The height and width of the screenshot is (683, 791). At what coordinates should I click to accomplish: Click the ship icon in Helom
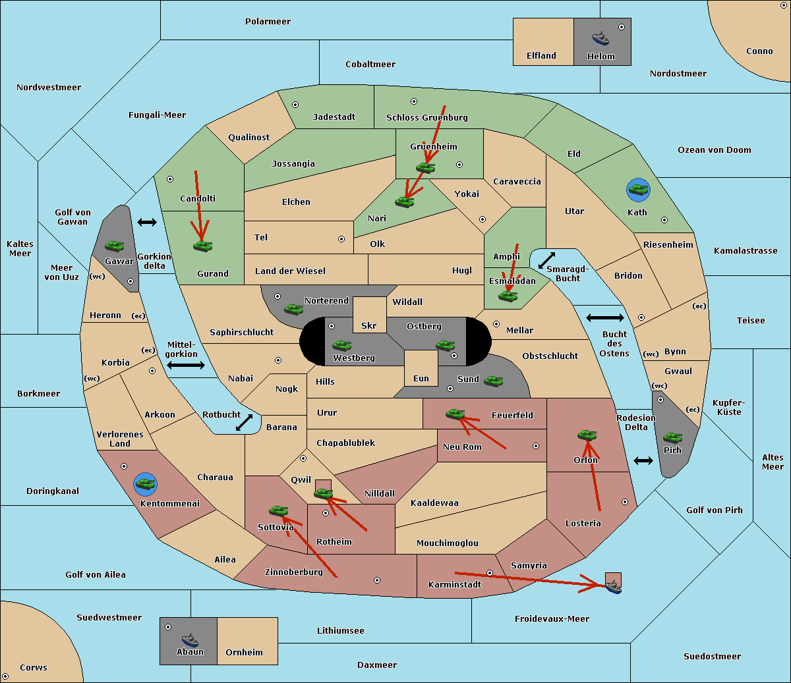pyautogui.click(x=601, y=38)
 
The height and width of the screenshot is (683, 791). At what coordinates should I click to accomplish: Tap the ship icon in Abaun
pyautogui.click(x=190, y=639)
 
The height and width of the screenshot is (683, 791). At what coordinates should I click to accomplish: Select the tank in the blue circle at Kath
pyautogui.click(x=638, y=189)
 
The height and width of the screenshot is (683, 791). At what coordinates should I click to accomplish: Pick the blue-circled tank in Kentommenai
pyautogui.click(x=145, y=483)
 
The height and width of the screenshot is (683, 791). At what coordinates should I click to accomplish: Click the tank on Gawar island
pyautogui.click(x=114, y=246)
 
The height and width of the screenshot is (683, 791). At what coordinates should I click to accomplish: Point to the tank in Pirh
pyautogui.click(x=672, y=437)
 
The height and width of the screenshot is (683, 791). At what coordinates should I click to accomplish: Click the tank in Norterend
pyautogui.click(x=293, y=309)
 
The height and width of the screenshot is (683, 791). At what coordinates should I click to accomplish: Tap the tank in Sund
pyautogui.click(x=493, y=381)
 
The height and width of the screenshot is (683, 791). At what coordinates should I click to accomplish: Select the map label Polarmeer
pyautogui.click(x=268, y=22)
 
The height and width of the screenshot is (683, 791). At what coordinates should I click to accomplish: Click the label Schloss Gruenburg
pyautogui.click(x=427, y=117)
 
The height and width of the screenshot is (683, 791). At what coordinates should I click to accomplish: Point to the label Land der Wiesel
pyautogui.click(x=290, y=271)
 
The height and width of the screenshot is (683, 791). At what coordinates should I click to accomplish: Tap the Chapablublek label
pyautogui.click(x=345, y=443)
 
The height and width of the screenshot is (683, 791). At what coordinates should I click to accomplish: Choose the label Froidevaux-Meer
pyautogui.click(x=552, y=618)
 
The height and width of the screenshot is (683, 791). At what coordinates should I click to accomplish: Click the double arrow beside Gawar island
pyautogui.click(x=147, y=222)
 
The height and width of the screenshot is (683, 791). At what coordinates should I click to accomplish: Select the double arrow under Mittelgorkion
pyautogui.click(x=186, y=365)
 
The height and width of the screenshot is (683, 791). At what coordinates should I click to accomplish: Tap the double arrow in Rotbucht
pyautogui.click(x=244, y=422)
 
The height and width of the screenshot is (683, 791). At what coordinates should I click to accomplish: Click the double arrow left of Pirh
pyautogui.click(x=643, y=461)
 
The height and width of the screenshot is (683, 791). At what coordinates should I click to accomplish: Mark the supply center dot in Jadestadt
pyautogui.click(x=295, y=105)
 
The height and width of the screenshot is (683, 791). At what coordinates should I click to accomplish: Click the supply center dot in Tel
pyautogui.click(x=341, y=239)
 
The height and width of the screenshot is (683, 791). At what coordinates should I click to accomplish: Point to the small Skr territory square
pyautogui.click(x=369, y=315)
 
